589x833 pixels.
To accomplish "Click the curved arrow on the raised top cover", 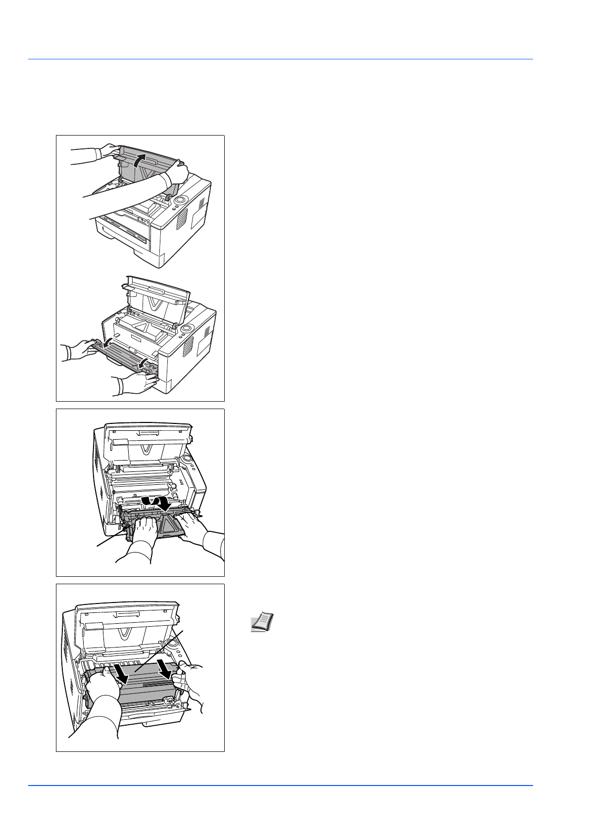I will pos(140,159).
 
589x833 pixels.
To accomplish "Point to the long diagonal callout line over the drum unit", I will pos(158,650).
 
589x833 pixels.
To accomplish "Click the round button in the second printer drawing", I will pos(187,328).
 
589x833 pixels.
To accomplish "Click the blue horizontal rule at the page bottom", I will pos(280,786).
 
